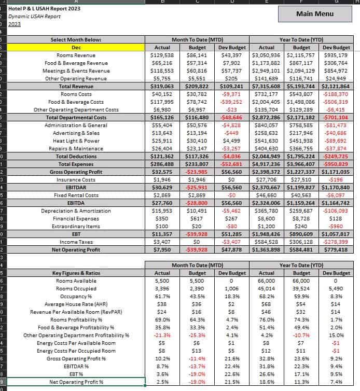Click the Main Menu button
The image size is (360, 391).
point(314,13)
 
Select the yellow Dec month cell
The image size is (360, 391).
point(76,47)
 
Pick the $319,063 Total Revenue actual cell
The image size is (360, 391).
point(162,86)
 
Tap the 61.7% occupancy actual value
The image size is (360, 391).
point(162,296)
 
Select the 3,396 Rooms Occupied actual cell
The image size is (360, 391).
point(162,288)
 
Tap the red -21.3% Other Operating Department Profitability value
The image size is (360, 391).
point(162,335)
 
